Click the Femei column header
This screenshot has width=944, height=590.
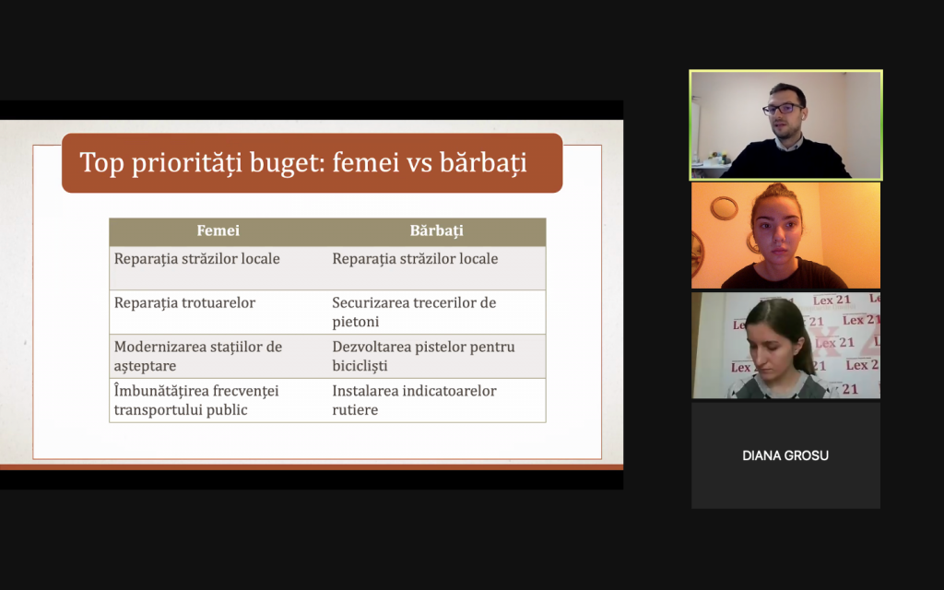coord(218,230)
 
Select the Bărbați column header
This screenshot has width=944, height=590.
coord(436,231)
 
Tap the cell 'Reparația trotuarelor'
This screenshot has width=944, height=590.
coord(184,302)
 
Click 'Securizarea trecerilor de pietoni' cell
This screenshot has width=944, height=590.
coord(414,312)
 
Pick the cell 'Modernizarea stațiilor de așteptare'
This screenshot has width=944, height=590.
coord(198,356)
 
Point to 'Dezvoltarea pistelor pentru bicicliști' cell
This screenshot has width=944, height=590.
coord(423,356)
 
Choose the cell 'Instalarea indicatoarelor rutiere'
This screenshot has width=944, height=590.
coord(414,400)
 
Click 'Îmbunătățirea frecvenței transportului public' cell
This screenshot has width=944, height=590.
coord(196,400)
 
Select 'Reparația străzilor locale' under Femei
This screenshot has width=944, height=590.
coord(197,259)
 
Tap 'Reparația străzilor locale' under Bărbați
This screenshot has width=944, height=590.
coord(415,259)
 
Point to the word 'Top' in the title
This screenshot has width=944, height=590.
coord(101,163)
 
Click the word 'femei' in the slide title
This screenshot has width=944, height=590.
coord(365,162)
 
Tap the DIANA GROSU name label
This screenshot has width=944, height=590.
coord(785,455)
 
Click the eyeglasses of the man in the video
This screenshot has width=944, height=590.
coord(783,109)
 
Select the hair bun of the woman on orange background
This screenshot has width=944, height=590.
coord(777,192)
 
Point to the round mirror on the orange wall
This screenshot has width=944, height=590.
coord(724,208)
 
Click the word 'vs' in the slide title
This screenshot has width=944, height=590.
coord(419,163)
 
